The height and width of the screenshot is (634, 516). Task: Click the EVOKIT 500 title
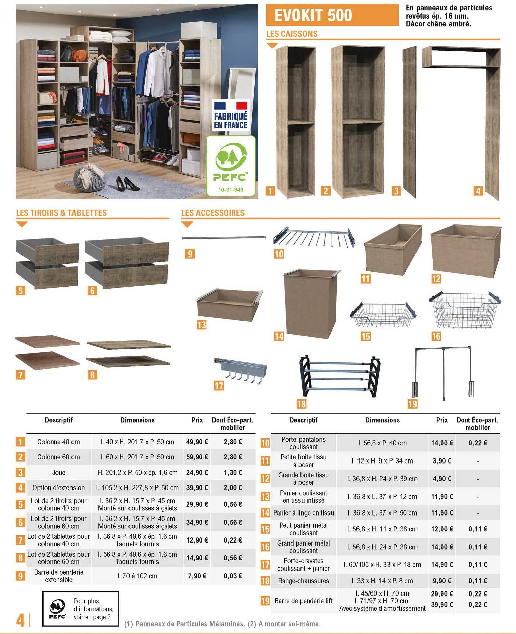click(x=313, y=16)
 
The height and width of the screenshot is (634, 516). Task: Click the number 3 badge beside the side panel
click(x=396, y=191)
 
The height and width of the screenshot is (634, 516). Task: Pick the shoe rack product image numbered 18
click(x=340, y=376)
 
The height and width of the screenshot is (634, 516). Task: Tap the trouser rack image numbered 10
click(x=314, y=237)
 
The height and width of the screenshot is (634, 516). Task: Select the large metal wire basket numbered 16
click(x=465, y=310)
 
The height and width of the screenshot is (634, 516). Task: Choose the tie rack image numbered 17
click(x=240, y=370)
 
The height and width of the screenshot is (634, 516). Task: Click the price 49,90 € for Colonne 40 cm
click(x=197, y=442)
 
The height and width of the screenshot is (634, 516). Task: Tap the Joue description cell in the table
click(x=59, y=473)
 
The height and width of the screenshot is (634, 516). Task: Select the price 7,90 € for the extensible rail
click(x=197, y=576)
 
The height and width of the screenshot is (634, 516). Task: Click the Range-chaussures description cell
click(x=304, y=581)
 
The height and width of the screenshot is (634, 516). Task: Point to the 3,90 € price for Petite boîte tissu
click(x=442, y=461)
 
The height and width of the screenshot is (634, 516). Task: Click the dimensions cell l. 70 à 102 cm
click(x=137, y=576)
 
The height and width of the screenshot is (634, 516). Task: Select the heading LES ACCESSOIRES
click(x=213, y=213)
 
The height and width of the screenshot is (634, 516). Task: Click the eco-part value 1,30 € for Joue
click(x=233, y=473)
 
